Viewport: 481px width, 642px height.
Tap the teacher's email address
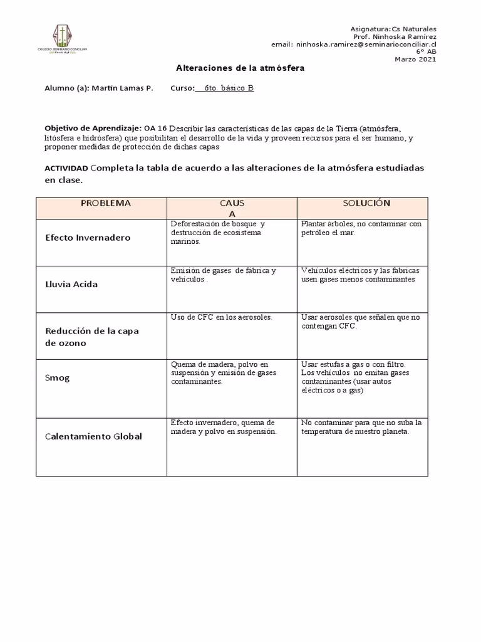click(x=353, y=45)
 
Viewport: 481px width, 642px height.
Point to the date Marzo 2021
click(x=415, y=60)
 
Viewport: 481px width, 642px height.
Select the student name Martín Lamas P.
click(x=122, y=88)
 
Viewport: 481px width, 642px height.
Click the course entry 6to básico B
click(x=224, y=88)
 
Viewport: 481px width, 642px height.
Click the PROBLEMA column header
click(x=105, y=203)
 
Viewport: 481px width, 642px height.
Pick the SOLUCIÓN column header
click(x=366, y=203)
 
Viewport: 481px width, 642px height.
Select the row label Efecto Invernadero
click(x=88, y=238)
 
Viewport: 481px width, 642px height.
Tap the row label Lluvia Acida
click(x=71, y=284)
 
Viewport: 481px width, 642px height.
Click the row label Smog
click(x=57, y=378)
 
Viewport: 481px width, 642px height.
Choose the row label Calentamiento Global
click(x=93, y=436)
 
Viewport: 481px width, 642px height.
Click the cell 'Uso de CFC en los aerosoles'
click(x=221, y=317)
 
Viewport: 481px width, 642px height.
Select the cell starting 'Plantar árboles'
click(x=361, y=228)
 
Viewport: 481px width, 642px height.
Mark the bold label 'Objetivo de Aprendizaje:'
click(x=93, y=127)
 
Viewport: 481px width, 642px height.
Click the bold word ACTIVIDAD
click(x=66, y=169)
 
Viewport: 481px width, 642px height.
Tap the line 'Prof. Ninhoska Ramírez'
click(x=395, y=37)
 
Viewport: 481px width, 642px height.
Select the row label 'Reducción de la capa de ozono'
click(x=91, y=337)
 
